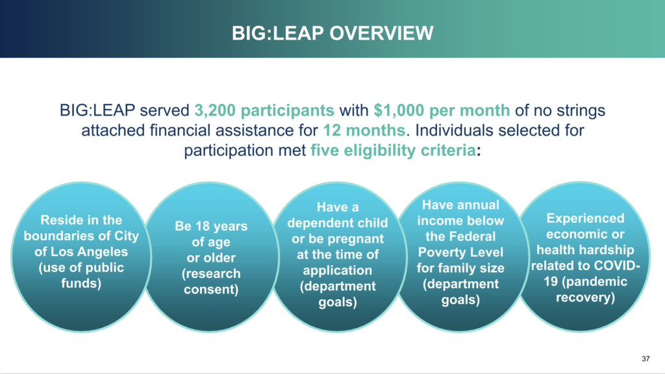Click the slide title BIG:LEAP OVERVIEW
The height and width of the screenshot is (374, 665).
pyautogui.click(x=332, y=33)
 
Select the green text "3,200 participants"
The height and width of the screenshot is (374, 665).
pyautogui.click(x=264, y=110)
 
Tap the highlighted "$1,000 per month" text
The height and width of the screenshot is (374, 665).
pyautogui.click(x=442, y=110)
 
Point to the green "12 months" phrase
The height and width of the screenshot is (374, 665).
pyautogui.click(x=364, y=130)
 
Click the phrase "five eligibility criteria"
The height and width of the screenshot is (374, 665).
pyautogui.click(x=393, y=150)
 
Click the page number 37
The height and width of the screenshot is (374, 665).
pyautogui.click(x=646, y=358)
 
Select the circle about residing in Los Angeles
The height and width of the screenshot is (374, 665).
pyautogui.click(x=81, y=257)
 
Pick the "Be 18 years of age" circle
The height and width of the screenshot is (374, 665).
pyautogui.click(x=211, y=257)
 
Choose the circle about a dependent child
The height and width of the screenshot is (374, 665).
pyautogui.click(x=338, y=257)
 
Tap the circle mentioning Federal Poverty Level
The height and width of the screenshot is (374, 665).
pyautogui.click(x=460, y=257)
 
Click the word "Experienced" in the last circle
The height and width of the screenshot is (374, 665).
pyautogui.click(x=585, y=218)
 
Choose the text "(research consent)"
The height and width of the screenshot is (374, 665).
pyautogui.click(x=211, y=282)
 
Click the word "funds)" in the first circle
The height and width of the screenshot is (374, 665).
pyautogui.click(x=81, y=283)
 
